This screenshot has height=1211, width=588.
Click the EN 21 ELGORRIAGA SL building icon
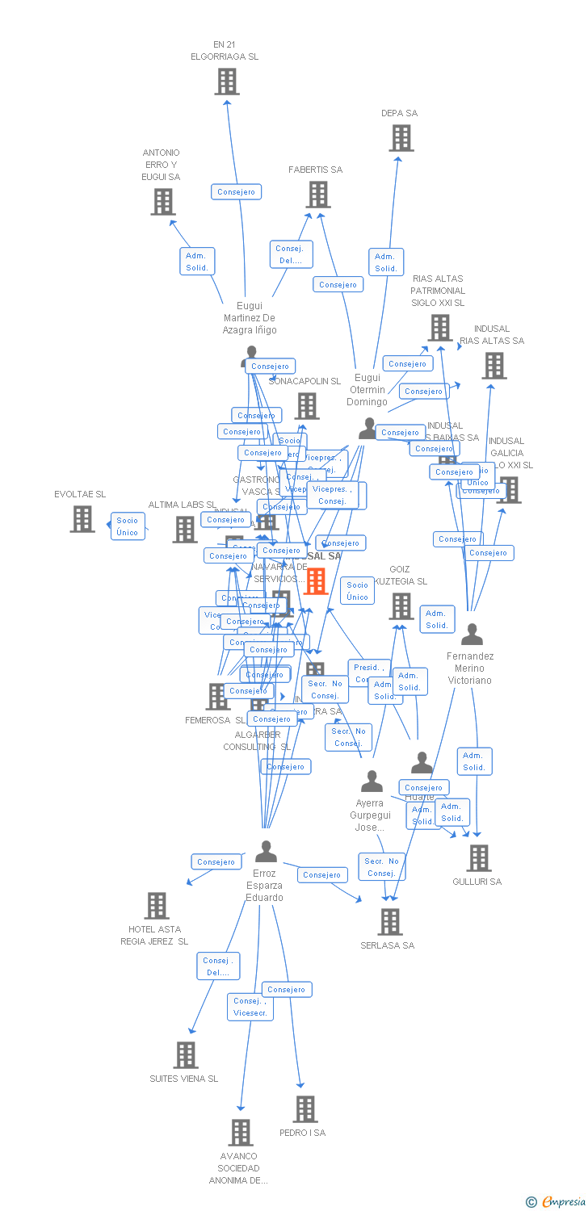[x=227, y=82]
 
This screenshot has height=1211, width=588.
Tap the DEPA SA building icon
[x=401, y=138]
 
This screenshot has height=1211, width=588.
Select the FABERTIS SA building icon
[x=318, y=195]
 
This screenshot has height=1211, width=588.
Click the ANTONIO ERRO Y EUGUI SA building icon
[x=163, y=202]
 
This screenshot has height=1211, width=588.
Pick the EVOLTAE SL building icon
[x=82, y=519]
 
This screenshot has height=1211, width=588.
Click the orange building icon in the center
[x=315, y=580]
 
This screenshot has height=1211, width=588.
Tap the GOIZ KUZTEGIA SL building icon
[x=401, y=606]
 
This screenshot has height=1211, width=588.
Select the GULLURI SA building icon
[x=479, y=858]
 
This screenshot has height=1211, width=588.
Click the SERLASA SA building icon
[x=390, y=922]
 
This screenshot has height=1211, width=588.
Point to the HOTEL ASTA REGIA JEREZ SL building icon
[x=157, y=906]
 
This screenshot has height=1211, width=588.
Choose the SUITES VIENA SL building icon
[x=186, y=1055]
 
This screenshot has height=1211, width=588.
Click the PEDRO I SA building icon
[x=305, y=1109]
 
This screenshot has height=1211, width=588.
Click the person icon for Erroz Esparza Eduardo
[x=266, y=852]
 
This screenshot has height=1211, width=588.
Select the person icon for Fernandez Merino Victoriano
[x=472, y=635]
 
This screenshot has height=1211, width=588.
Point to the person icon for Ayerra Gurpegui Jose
[x=372, y=781]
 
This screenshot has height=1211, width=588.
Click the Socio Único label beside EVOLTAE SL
[x=128, y=526]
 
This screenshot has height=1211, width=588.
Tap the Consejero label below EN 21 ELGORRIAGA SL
[x=236, y=192]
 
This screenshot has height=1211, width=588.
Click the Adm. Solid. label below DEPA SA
[x=386, y=262]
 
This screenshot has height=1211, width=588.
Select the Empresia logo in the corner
[x=556, y=1202]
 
